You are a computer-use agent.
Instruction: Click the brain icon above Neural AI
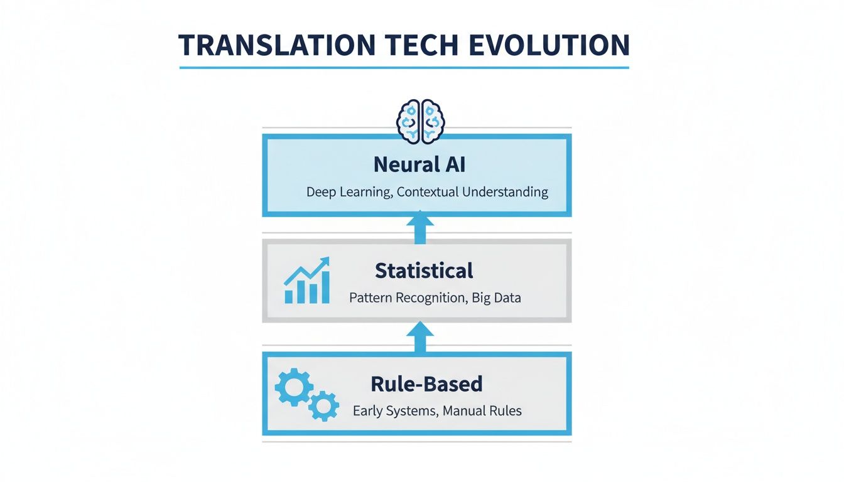click(420, 119)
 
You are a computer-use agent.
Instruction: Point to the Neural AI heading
click(419, 164)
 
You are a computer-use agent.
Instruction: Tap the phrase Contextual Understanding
click(473, 192)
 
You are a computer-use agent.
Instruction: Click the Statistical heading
click(424, 271)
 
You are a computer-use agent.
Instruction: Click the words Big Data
click(497, 297)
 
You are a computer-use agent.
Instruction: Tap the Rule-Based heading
click(426, 383)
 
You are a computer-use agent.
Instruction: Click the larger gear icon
click(294, 387)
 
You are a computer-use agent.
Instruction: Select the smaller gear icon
click(324, 405)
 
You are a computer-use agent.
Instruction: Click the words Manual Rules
click(482, 412)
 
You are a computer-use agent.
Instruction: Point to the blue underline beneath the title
click(404, 67)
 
